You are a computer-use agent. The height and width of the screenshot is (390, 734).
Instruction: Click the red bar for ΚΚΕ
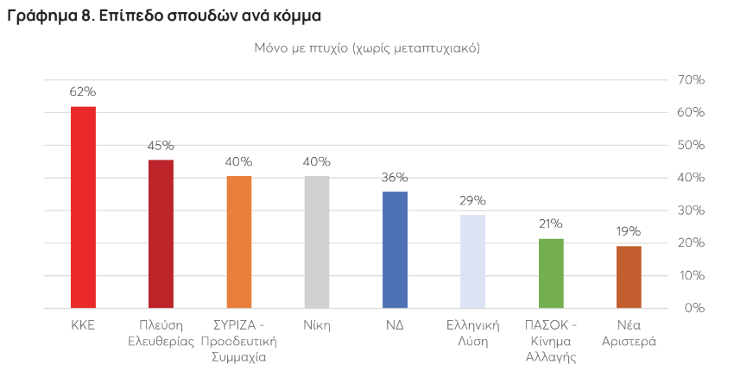point(83,207)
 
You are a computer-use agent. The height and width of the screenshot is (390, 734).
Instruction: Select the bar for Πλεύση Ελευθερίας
point(161,234)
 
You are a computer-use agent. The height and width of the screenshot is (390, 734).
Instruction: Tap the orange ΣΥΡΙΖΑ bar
point(238,242)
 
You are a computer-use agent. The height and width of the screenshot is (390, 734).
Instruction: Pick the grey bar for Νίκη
point(317,242)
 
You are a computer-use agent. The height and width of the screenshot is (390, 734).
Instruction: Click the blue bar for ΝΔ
point(395,249)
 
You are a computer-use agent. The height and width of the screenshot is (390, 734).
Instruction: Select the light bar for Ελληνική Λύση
point(472,261)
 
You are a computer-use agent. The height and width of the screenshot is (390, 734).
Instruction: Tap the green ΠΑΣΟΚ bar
point(551,274)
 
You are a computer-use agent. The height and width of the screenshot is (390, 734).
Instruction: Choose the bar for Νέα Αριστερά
point(629,277)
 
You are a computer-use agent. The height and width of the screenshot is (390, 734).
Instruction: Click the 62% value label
point(83,91)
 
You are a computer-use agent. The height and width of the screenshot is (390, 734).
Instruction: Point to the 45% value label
point(161,145)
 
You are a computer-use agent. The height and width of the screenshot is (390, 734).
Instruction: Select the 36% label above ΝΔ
point(395,177)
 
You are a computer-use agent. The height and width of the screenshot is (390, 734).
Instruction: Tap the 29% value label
point(472,200)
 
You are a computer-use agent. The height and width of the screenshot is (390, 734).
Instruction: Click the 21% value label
point(551,223)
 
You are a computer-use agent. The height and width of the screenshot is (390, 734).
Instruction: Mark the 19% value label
point(629,231)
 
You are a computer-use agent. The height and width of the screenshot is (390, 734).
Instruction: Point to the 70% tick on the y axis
point(692,80)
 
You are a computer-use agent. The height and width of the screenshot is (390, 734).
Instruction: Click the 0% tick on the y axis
point(695,308)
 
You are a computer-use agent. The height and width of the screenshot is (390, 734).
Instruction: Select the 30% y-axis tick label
point(692,211)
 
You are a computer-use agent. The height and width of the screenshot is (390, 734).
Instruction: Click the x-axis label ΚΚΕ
point(83,325)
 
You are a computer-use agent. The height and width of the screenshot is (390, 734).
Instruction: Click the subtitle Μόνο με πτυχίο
point(367,48)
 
